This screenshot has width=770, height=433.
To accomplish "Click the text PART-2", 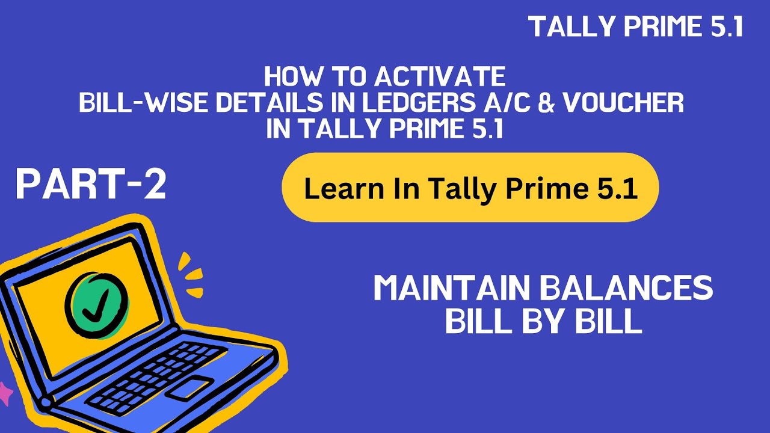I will click(91, 184).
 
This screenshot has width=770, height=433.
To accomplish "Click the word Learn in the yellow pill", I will click(333, 189).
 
